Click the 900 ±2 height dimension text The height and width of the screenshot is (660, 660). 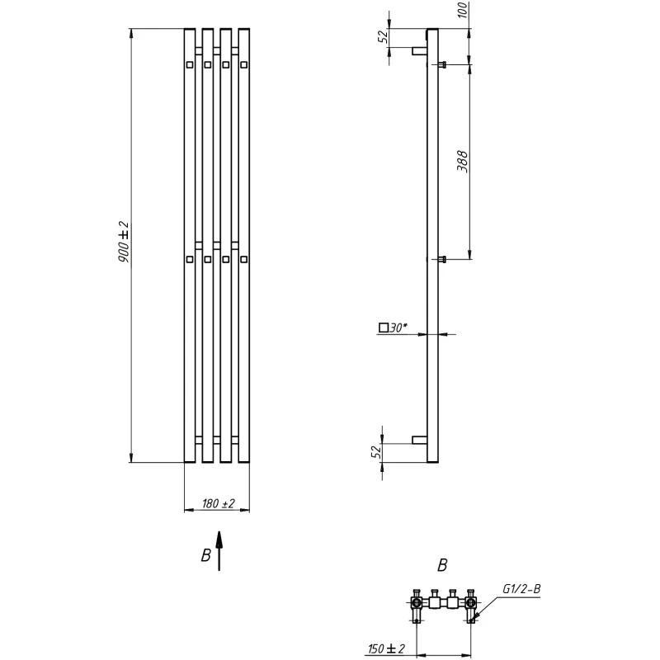(x=124, y=242)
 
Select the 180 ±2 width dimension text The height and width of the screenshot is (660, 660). (x=219, y=503)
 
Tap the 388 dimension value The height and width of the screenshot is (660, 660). (x=462, y=161)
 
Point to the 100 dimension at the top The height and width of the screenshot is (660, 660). (x=463, y=10)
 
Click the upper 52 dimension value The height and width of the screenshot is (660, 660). (x=383, y=36)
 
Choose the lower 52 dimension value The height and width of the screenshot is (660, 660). (x=376, y=451)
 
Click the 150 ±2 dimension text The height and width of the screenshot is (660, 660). (x=386, y=648)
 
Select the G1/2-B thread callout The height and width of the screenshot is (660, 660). (x=521, y=589)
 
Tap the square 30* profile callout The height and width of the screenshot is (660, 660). (x=394, y=328)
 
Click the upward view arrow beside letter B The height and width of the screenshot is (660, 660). (x=219, y=551)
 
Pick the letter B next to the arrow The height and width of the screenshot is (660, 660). (x=205, y=555)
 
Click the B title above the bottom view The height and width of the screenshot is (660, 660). (x=442, y=565)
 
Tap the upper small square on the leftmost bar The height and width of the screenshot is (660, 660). (x=190, y=65)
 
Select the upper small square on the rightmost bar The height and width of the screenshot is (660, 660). (x=243, y=65)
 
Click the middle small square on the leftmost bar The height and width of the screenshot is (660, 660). (x=190, y=259)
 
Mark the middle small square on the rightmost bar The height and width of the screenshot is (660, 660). (x=243, y=259)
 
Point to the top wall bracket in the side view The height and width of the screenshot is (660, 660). (x=420, y=51)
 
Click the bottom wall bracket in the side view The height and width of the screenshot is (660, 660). (x=420, y=440)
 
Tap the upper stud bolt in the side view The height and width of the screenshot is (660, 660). (x=441, y=65)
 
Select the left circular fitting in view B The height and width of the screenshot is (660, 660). (x=417, y=603)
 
